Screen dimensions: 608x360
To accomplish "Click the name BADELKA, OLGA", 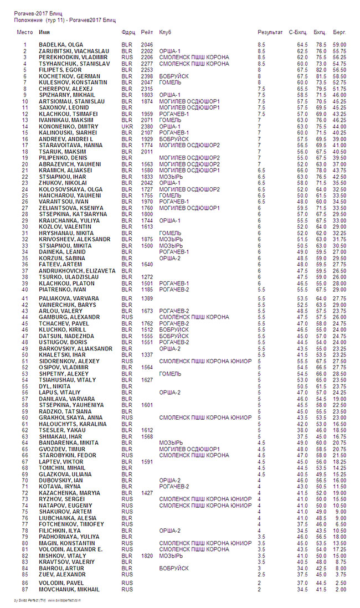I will tap(60, 44).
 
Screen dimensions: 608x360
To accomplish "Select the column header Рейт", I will tap(147, 33).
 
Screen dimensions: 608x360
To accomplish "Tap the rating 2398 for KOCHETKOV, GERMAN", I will tap(147, 76).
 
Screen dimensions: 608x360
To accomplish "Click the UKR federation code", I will tap(127, 126).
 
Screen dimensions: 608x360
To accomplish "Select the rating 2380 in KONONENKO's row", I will tap(147, 126).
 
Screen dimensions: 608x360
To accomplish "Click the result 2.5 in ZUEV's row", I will tap(261, 574).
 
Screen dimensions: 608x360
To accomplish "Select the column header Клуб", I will tap(165, 33).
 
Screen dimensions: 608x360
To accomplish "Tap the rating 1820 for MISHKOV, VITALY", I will tap(147, 555).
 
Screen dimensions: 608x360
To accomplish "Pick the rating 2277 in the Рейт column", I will tap(147, 63).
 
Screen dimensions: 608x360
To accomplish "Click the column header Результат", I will tap(270, 33).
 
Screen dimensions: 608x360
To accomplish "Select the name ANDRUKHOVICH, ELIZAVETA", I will tap(77, 270).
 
